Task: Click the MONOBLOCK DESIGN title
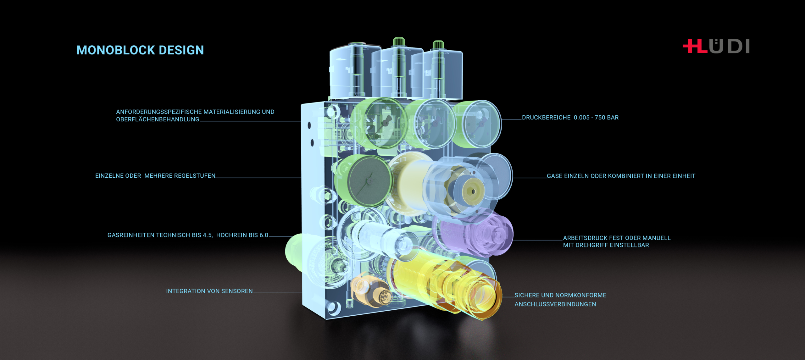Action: point(140,50)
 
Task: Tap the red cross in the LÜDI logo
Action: point(691,46)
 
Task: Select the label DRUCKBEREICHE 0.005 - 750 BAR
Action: point(570,118)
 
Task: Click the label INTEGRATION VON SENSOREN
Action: point(209,291)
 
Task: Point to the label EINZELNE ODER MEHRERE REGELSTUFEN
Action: point(155,176)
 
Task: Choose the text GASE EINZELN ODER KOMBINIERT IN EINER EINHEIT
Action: point(621,176)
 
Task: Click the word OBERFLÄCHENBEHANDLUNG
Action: point(158,119)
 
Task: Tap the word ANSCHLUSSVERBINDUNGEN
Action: point(555,304)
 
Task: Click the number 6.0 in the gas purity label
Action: point(264,235)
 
